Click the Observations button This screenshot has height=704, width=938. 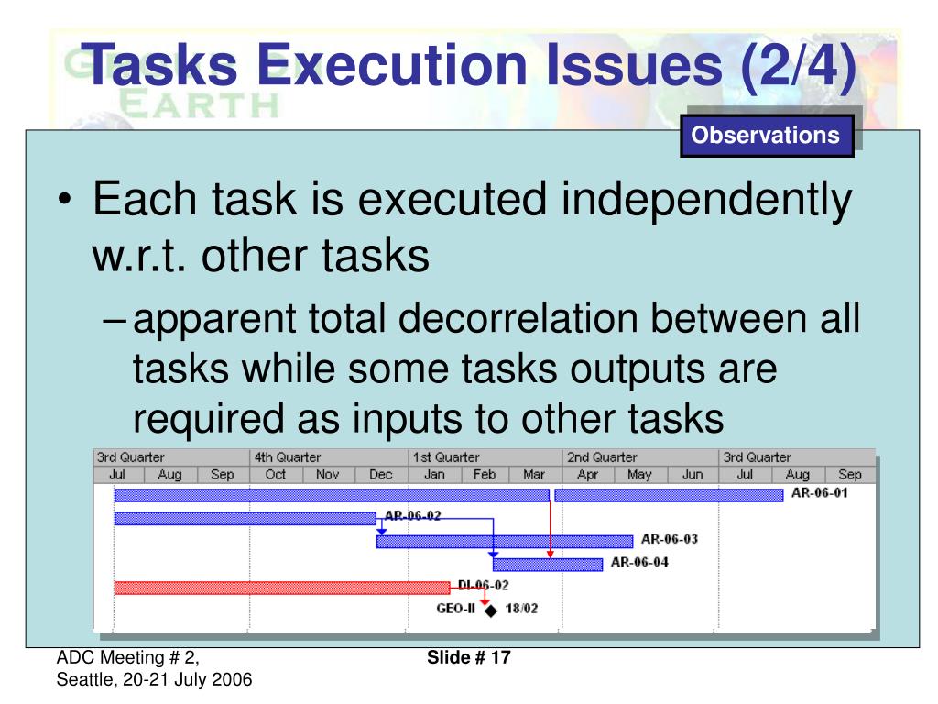click(x=766, y=136)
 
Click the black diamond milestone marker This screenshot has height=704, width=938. click(x=490, y=610)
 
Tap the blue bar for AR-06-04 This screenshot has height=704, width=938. click(x=548, y=564)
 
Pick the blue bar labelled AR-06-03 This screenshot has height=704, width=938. click(x=504, y=541)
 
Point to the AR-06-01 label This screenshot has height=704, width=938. click(x=819, y=494)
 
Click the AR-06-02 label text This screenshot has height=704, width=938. click(x=413, y=516)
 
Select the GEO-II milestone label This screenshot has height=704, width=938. click(x=455, y=608)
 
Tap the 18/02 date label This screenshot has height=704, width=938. click(x=521, y=608)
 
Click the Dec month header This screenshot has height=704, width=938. click(x=380, y=475)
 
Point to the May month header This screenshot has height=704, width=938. click(x=639, y=475)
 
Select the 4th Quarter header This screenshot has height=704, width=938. click(x=287, y=456)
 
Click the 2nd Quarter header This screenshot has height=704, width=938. click(x=603, y=456)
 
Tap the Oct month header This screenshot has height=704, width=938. click(x=275, y=475)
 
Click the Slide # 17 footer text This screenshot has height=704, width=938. click(x=469, y=657)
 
